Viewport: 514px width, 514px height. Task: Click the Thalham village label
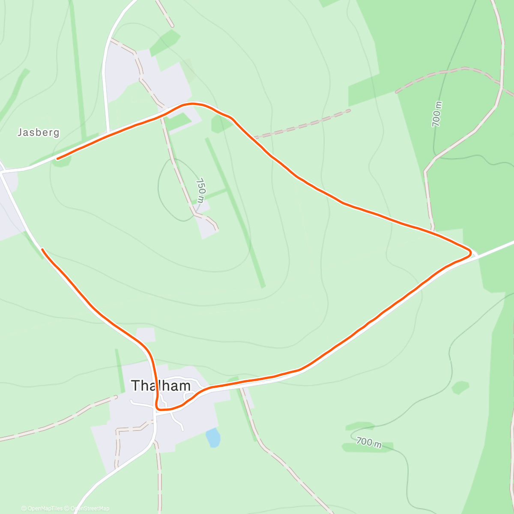[x=161, y=386]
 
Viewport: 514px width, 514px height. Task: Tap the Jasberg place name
[x=38, y=132]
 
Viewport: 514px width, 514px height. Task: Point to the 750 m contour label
[x=200, y=191]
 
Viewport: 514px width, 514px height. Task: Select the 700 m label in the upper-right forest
[x=436, y=114]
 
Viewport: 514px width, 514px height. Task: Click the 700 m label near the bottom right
[x=369, y=442]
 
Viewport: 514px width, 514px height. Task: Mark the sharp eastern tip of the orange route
[x=470, y=253]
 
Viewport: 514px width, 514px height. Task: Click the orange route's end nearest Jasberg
[x=58, y=158]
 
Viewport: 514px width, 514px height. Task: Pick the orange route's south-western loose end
[x=42, y=249]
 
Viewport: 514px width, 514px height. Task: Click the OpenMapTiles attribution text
[x=42, y=508]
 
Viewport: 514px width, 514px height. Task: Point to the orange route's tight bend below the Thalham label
[x=158, y=409]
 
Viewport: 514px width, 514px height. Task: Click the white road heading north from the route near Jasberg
[x=105, y=86]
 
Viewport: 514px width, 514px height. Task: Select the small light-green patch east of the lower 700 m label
[x=460, y=387]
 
